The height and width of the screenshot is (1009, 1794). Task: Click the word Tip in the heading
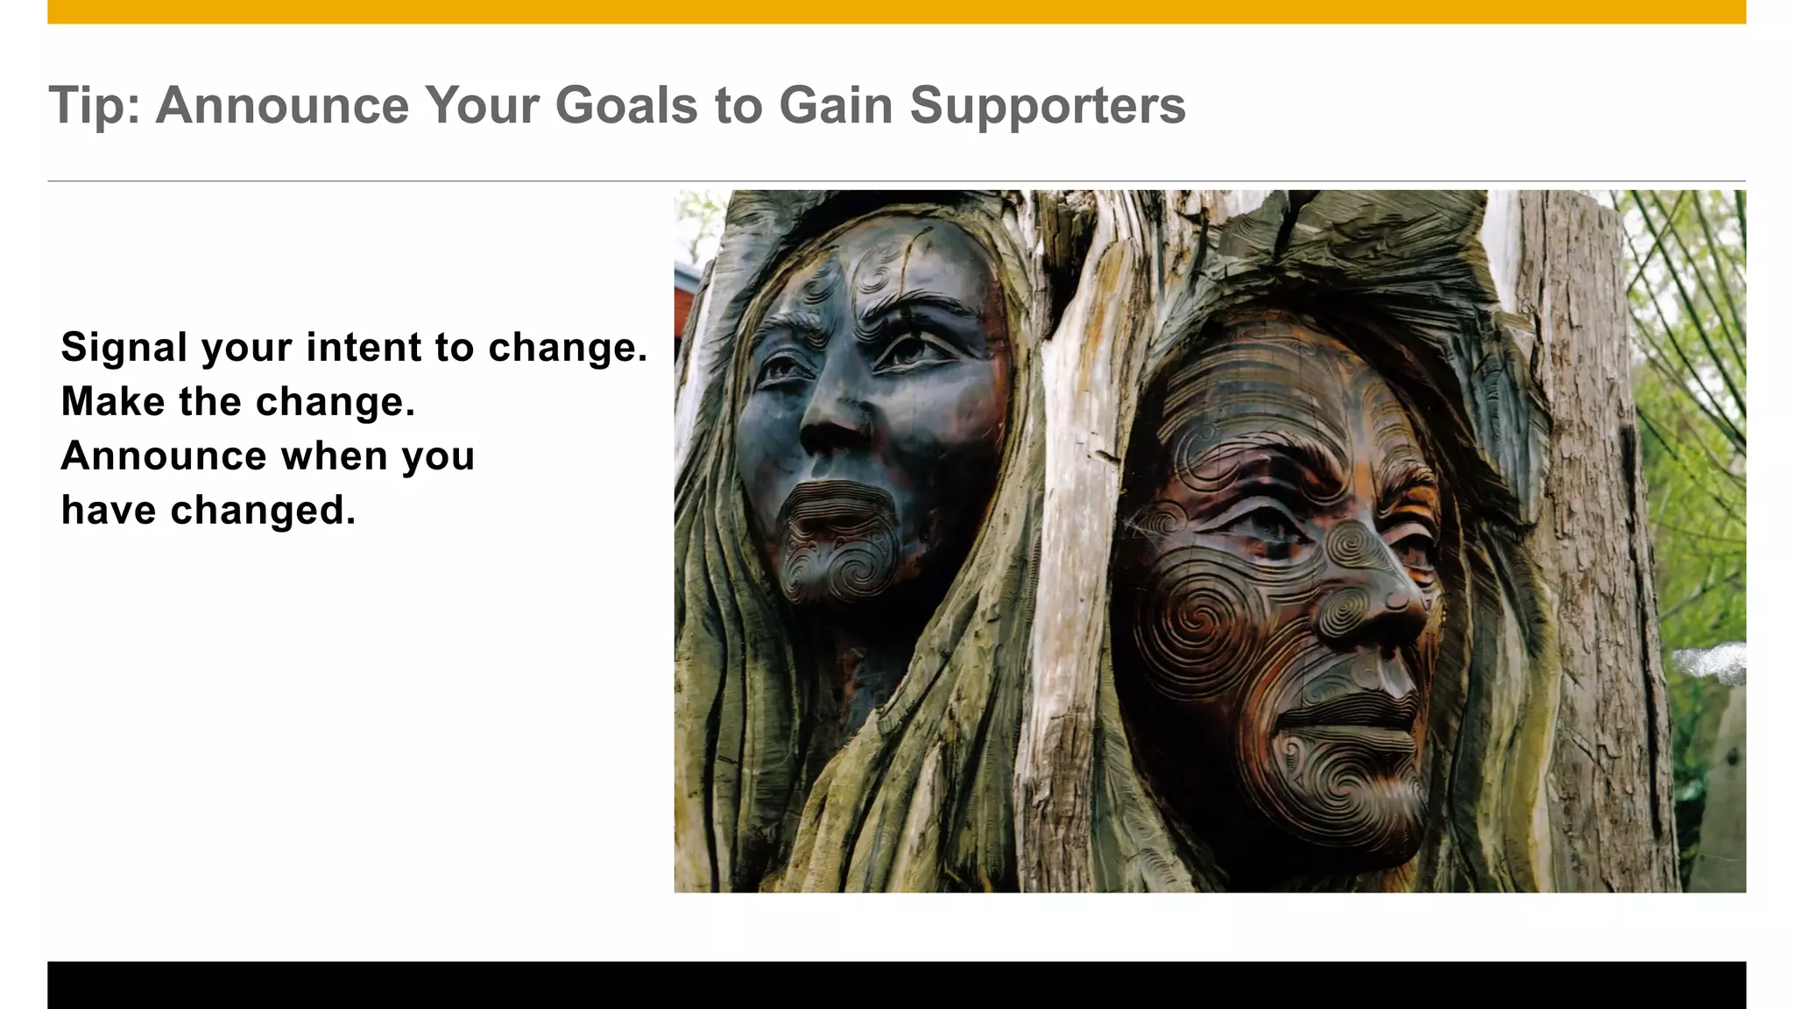[88, 105]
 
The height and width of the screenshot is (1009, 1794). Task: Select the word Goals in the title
[627, 105]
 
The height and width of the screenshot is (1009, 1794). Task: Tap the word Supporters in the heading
[1048, 107]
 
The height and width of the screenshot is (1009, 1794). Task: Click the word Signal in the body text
[124, 348]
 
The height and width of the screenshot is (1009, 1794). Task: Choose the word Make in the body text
[112, 401]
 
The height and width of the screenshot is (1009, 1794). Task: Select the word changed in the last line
[263, 510]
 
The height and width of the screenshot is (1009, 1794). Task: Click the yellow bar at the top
[896, 11]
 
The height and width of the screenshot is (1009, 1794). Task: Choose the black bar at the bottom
[896, 985]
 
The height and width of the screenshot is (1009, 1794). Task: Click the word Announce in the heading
[282, 105]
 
